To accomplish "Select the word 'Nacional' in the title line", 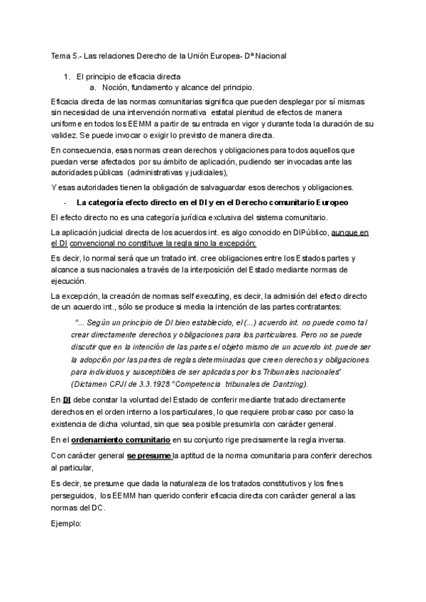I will (x=266, y=55).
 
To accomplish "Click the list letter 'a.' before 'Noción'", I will (x=93, y=87).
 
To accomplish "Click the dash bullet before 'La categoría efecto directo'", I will (x=65, y=202).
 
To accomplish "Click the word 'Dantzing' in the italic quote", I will (x=286, y=383).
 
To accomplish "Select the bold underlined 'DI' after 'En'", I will (x=67, y=400).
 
